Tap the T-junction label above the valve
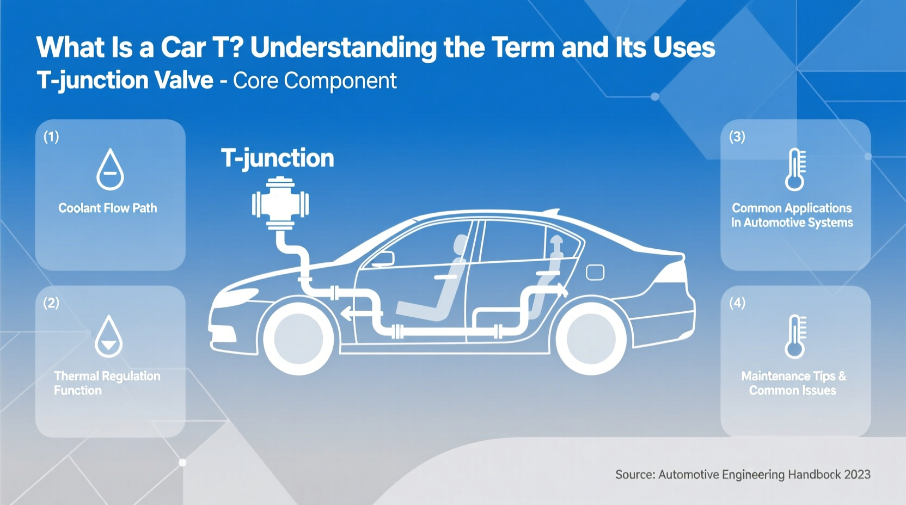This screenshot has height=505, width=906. point(277,158)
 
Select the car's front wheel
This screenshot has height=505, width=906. point(298,338)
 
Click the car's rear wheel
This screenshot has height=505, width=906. point(591,338)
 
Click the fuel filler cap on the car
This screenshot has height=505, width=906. point(595,272)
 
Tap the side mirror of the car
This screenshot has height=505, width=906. point(383,258)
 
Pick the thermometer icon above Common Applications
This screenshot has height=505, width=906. point(795,169)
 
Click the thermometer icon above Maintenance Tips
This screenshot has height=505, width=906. point(795,336)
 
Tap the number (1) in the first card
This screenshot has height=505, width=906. point(51,137)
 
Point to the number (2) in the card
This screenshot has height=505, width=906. point(51,303)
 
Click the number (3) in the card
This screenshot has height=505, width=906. point(737,137)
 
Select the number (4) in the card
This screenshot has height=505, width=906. point(737,303)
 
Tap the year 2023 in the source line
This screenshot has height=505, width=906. point(857,475)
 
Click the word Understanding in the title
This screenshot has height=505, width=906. point(343,48)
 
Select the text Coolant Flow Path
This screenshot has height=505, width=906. point(108,208)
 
